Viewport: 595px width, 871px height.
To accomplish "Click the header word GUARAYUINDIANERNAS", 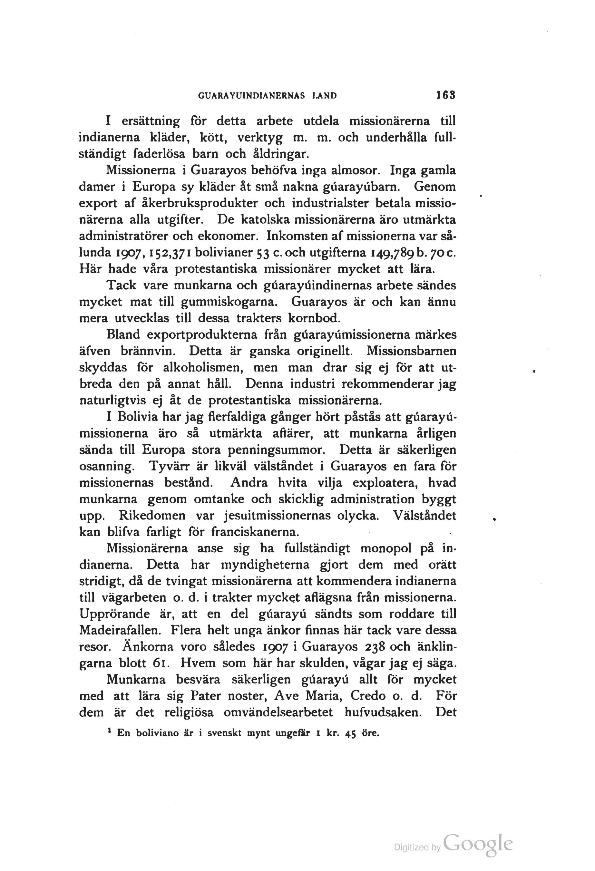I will [251, 96].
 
